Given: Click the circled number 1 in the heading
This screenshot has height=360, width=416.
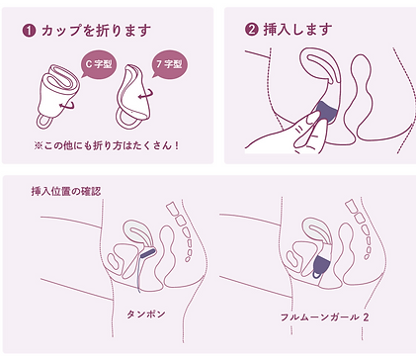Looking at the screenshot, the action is pyautogui.click(x=29, y=31).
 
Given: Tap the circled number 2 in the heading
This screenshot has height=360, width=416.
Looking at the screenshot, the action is pyautogui.click(x=251, y=30).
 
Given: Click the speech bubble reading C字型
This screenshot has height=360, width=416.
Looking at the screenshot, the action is pyautogui.click(x=98, y=64).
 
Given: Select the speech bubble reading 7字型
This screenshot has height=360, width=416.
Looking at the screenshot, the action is pyautogui.click(x=169, y=63).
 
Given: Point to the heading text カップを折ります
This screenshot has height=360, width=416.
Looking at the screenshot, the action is pyautogui.click(x=96, y=31).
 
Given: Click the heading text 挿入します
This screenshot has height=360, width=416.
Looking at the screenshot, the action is pyautogui.click(x=297, y=30).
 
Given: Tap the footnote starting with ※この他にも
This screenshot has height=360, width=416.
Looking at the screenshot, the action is pyautogui.click(x=107, y=145).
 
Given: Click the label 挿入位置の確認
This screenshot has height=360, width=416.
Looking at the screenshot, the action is pyautogui.click(x=66, y=191).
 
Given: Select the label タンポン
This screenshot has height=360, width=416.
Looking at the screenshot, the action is pyautogui.click(x=145, y=315).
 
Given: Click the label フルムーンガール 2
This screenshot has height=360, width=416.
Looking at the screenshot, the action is pyautogui.click(x=324, y=317).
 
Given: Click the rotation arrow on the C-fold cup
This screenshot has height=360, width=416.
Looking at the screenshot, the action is pyautogui.click(x=68, y=106).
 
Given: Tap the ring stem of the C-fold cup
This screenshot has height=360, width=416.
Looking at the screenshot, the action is pyautogui.click(x=45, y=122).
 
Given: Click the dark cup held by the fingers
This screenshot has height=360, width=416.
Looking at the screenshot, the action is pyautogui.click(x=325, y=112).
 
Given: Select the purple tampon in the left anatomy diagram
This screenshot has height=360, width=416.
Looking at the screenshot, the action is pyautogui.click(x=148, y=253).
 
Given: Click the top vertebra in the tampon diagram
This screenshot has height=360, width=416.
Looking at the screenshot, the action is pyautogui.click(x=172, y=209).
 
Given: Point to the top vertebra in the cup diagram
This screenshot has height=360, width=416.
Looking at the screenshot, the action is pyautogui.click(x=351, y=208).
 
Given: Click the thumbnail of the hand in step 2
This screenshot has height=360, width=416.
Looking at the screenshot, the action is pyautogui.click(x=312, y=119).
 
